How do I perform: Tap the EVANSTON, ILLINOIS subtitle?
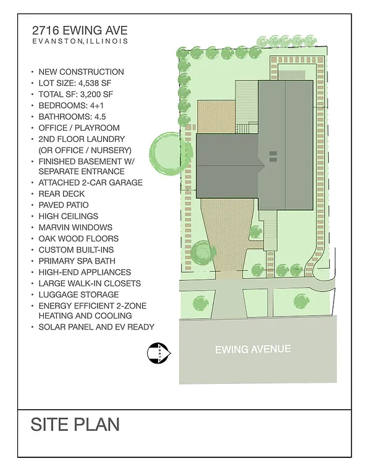point(80,41)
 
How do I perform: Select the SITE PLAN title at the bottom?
point(75,425)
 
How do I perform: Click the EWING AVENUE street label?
point(253,349)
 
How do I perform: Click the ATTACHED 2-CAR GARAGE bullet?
point(90,183)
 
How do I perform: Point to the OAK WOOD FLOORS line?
point(78,238)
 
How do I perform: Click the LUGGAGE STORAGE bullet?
point(78,294)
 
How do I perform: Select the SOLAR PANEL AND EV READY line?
point(96,326)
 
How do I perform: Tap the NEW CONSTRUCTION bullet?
point(81,72)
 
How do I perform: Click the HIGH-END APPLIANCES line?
point(85,272)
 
